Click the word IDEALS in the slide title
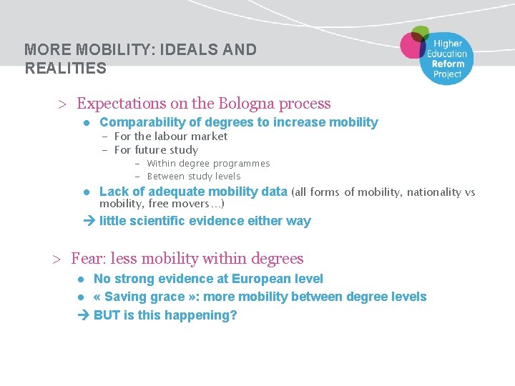tap(193, 50)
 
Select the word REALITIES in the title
tap(65, 69)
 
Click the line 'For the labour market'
tap(171, 137)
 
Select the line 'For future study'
tap(156, 150)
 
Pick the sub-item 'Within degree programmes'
tap(208, 164)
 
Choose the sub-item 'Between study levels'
tap(194, 177)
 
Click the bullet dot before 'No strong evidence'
tap(82, 279)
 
